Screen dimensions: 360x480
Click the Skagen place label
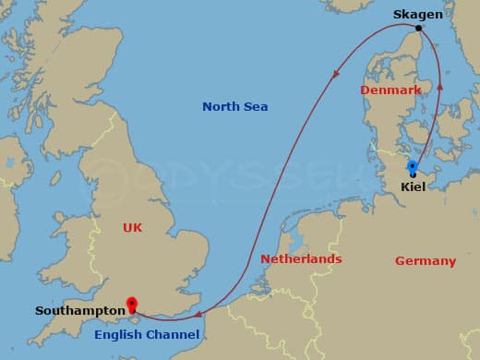417,14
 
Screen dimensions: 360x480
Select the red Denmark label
390,90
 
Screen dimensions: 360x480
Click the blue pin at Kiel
412,166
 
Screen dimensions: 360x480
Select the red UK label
132,227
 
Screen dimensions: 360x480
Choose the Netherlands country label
301,259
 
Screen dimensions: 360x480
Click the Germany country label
426,261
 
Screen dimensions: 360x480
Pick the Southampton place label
79,311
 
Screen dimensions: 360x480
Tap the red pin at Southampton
132,304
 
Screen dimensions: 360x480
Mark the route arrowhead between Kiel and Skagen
439,85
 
